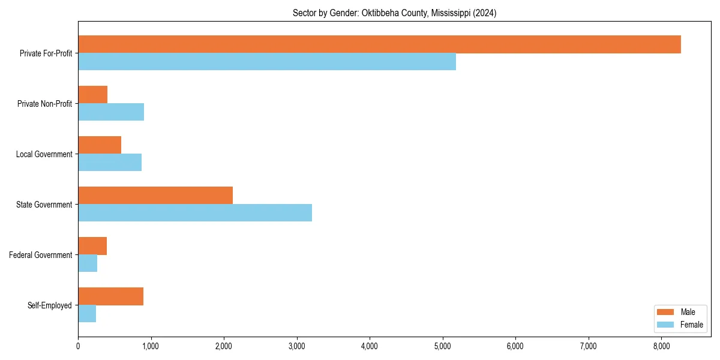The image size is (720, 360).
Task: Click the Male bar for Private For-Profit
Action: coord(379,44)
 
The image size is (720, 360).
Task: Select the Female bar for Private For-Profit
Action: coord(267,62)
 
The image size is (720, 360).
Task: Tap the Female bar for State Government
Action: coord(195,213)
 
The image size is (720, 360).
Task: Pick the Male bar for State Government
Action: coord(155,196)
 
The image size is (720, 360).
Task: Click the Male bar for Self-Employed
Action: coord(110,296)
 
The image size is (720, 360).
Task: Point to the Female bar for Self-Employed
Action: coord(87,314)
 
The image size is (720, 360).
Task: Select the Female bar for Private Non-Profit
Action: coord(111,112)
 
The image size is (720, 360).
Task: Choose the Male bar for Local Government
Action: coord(100,145)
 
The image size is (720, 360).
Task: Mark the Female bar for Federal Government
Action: coord(88,263)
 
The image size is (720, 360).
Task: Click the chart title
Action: coord(394,13)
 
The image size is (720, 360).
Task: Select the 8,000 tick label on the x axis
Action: coord(661,346)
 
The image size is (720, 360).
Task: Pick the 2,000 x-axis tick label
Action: coord(224,346)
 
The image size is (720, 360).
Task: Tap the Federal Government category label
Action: coord(41,255)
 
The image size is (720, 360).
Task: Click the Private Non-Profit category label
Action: coord(44,104)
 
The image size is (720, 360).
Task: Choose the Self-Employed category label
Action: coord(50,305)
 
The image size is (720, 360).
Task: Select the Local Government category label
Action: coord(44,154)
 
